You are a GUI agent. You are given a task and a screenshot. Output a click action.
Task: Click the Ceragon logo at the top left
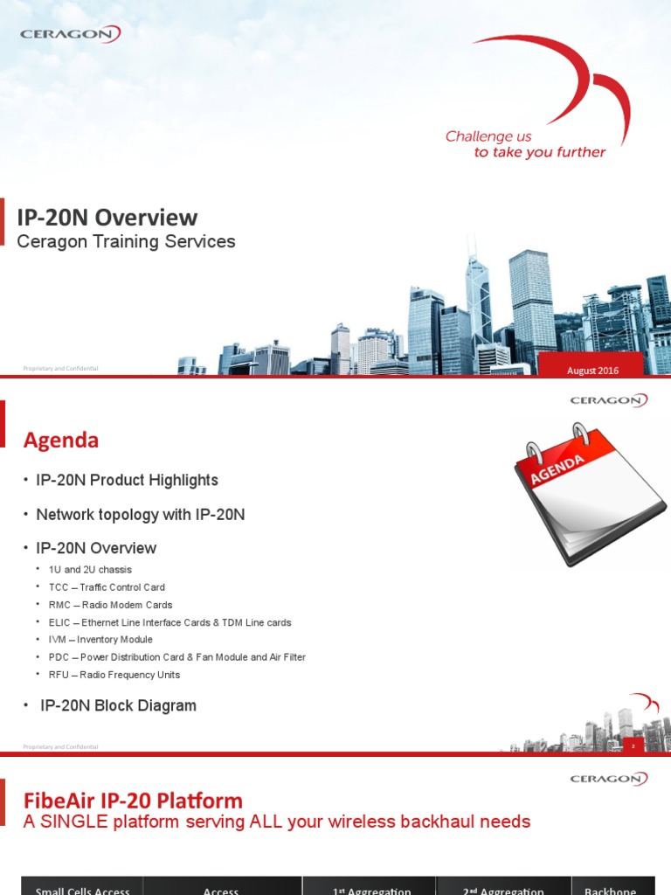coord(70,35)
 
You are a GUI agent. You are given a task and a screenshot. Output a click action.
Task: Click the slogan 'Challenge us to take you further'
coord(525,144)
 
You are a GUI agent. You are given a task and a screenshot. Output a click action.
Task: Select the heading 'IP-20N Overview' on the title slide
coord(107,218)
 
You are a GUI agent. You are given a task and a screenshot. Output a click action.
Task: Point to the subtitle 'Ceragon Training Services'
coord(127,242)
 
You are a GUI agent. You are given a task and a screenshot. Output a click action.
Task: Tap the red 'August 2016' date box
coord(592,371)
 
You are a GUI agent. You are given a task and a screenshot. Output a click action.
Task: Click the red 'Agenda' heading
coord(60,441)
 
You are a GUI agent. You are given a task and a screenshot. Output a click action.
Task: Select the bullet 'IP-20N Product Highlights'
coord(127,480)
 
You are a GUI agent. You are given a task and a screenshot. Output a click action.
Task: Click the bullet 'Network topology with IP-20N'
coord(140,515)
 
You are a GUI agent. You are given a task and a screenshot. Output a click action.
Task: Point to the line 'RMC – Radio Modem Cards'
coord(111,605)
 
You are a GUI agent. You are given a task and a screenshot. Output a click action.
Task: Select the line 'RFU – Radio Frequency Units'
coord(114,675)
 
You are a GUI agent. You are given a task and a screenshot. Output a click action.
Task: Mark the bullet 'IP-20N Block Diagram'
coord(118,705)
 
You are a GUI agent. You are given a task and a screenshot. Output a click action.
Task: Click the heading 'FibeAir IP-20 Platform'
coord(133,800)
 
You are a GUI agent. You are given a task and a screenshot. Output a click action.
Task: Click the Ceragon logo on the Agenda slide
coord(609,401)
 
